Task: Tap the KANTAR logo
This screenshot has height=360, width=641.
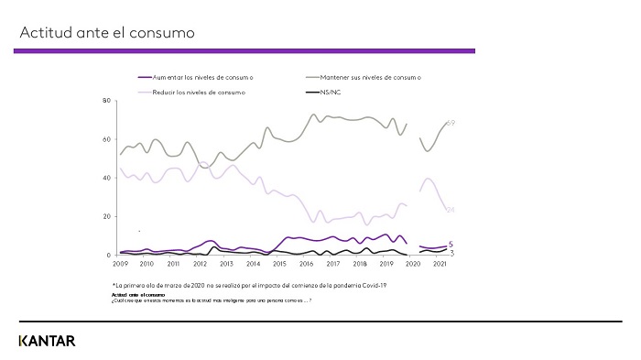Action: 47,342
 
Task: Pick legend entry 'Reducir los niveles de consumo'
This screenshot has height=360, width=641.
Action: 195,93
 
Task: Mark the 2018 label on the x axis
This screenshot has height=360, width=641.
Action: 360,264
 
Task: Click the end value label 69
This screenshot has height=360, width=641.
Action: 451,123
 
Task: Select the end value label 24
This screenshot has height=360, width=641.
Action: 451,210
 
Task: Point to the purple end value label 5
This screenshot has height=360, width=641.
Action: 451,244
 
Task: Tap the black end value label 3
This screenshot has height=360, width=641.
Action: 451,252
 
